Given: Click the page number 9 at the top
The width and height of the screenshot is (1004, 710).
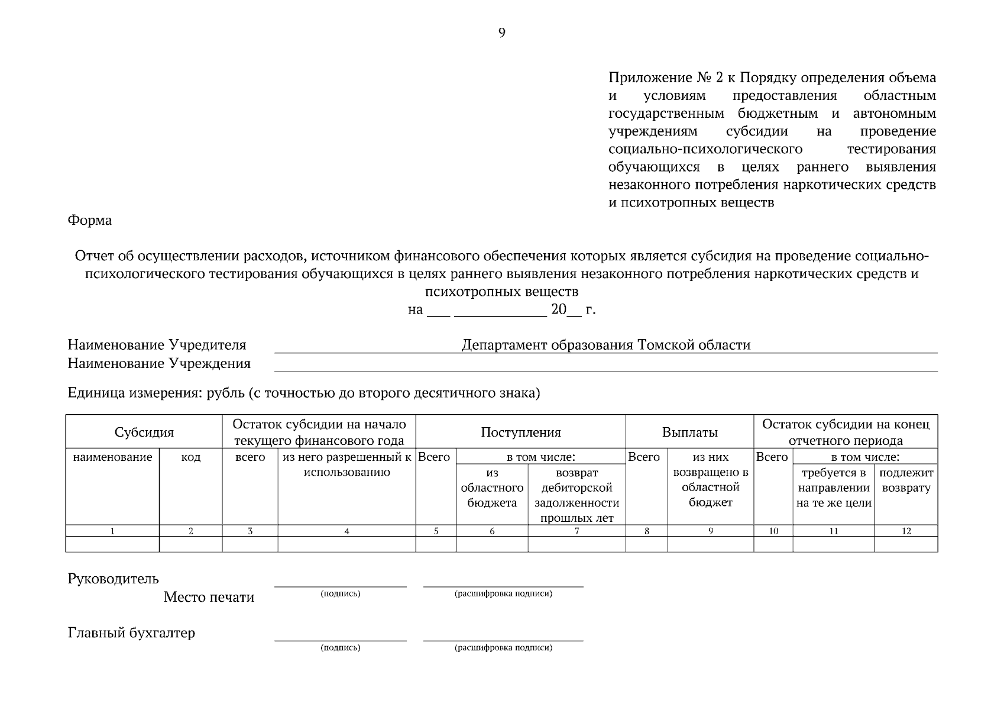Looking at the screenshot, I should click(501, 33).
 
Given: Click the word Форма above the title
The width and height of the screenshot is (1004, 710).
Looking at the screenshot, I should click(89, 221).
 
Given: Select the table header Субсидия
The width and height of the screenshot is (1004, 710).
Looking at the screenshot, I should click(144, 432).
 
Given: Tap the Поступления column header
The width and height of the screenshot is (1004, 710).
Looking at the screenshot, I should click(520, 432).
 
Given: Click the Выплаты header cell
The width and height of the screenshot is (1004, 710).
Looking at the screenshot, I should click(689, 432).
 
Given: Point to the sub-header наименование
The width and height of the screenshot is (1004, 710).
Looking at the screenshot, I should click(112, 457).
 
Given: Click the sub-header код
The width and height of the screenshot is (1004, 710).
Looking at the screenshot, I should click(190, 457).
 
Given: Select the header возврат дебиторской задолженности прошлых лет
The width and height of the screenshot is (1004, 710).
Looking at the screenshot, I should click(577, 495).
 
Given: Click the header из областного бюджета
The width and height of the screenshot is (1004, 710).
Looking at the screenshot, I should click(492, 488).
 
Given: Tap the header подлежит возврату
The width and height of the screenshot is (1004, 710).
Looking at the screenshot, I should click(906, 480).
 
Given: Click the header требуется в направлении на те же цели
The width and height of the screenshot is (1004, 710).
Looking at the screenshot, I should click(833, 488).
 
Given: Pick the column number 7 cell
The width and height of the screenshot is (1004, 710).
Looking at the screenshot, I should click(577, 531).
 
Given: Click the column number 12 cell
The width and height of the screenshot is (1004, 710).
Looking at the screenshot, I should click(906, 531).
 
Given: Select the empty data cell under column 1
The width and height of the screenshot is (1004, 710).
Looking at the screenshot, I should click(112, 544).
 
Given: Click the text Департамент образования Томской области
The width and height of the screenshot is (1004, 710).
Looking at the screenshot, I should click(605, 345).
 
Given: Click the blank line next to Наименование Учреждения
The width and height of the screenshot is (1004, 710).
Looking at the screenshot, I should click(605, 364).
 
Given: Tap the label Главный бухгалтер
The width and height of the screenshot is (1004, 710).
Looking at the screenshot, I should click(131, 633).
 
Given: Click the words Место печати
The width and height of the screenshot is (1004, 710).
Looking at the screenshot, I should click(209, 597).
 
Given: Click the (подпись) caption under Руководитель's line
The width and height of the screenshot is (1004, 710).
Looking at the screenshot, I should click(340, 593).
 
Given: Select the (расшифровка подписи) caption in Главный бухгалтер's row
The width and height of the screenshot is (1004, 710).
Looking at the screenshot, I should click(503, 648).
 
